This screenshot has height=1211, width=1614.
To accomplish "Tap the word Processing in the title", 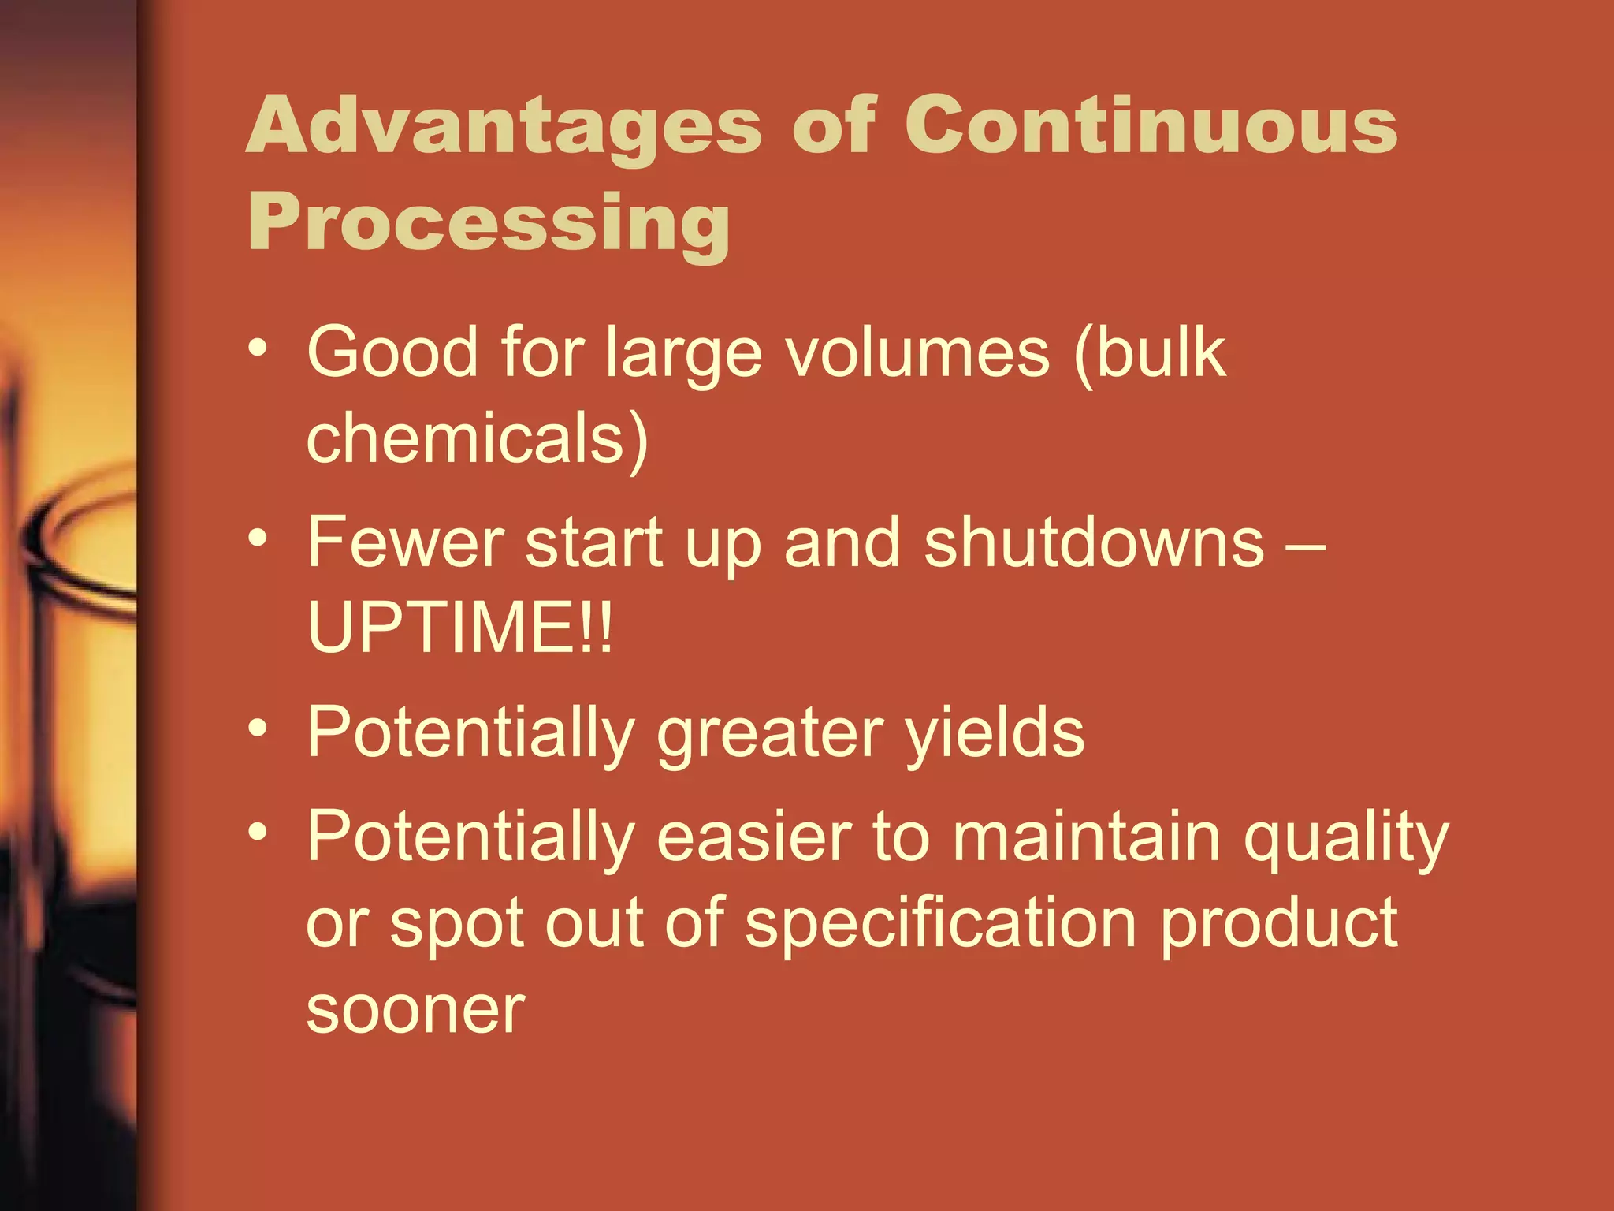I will tap(489, 224).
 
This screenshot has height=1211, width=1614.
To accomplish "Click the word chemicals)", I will tap(477, 438).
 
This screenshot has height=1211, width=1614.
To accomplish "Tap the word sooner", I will tap(415, 1011).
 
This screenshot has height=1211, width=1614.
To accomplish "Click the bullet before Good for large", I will tap(258, 348).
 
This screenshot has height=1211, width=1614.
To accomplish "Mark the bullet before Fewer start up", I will tap(258, 538).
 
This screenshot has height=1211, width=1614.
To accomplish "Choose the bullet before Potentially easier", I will tap(258, 832).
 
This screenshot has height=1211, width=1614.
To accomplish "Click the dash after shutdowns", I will tap(1305, 544).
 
